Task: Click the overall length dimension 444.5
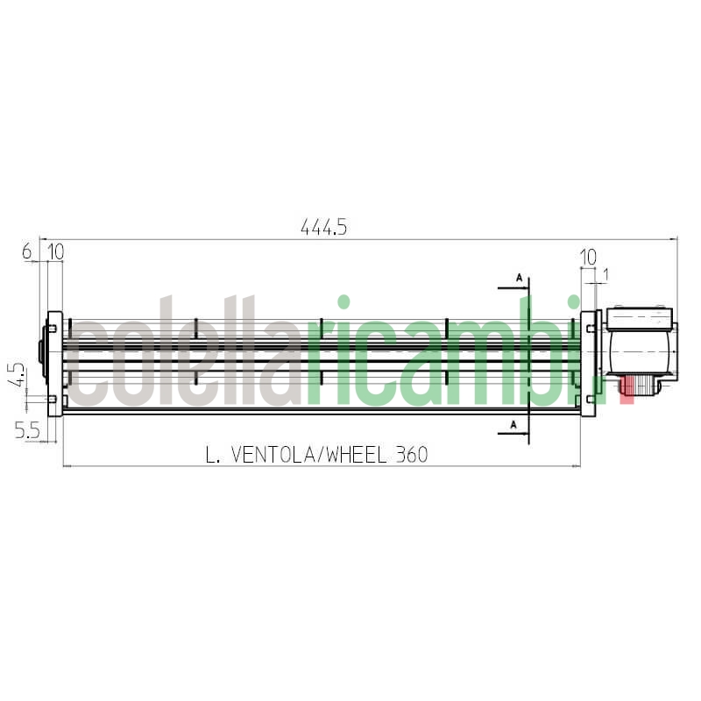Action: (324, 227)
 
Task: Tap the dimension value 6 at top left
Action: (27, 251)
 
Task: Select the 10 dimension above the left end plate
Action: (55, 251)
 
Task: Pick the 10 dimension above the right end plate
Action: (588, 257)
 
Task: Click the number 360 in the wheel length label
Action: (410, 455)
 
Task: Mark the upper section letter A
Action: (519, 278)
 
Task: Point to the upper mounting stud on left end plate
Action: (52, 329)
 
